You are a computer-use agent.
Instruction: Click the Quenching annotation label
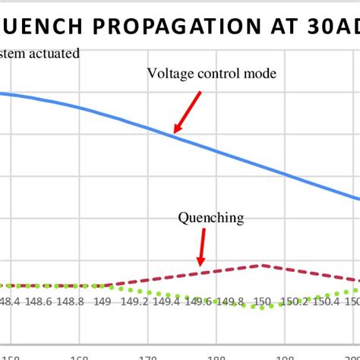click(x=211, y=218)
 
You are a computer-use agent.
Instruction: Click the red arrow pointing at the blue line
click(x=187, y=112)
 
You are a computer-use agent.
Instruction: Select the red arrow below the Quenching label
click(x=201, y=248)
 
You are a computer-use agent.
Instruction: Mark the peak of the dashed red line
click(x=261, y=265)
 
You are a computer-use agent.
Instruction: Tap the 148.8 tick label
click(x=71, y=302)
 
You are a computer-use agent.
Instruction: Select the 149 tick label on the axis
click(x=103, y=302)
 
